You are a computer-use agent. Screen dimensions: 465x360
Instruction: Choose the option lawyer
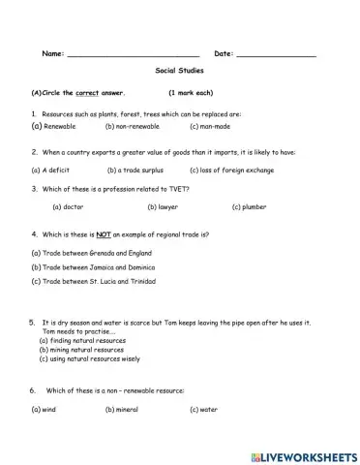165,206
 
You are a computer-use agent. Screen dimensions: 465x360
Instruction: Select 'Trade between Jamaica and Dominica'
92,266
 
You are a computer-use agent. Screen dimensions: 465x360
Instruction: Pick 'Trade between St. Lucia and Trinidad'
94,281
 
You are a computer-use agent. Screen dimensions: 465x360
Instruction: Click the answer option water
203,410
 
